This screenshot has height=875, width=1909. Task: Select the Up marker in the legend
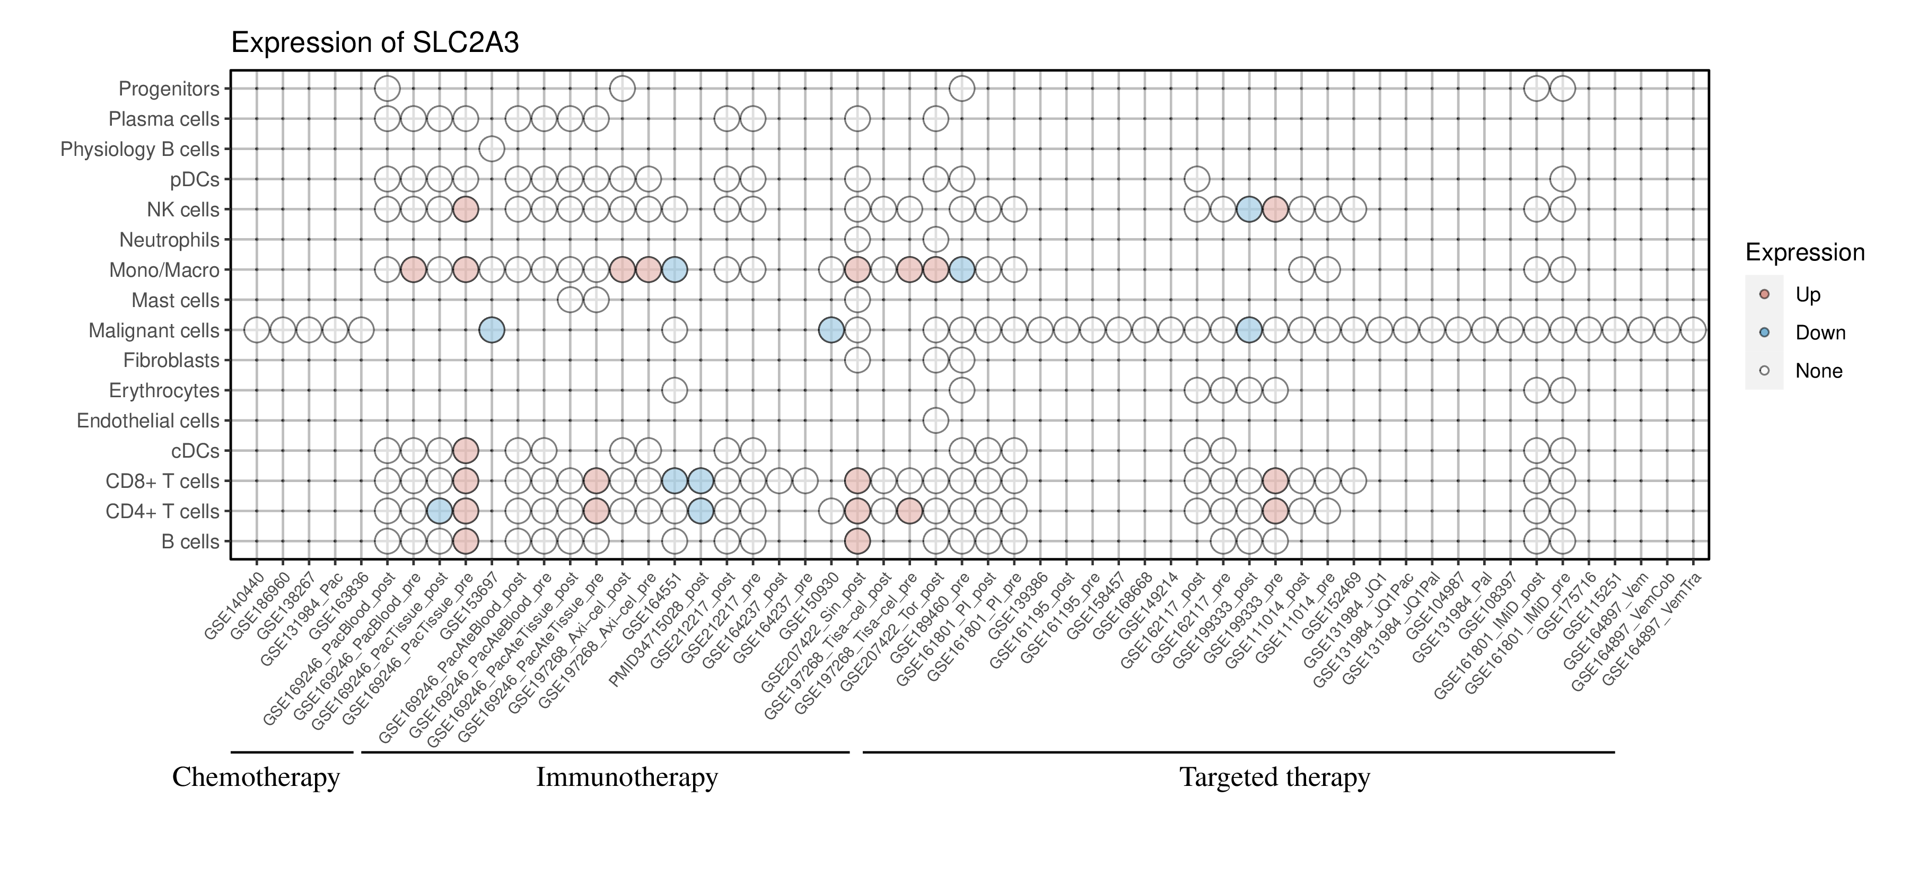click(x=1764, y=294)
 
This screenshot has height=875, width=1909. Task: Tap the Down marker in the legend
click(x=1764, y=332)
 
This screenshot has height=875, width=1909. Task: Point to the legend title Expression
click(x=1805, y=252)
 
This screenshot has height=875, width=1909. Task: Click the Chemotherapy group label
click(x=256, y=777)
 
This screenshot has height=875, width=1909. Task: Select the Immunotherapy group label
click(x=627, y=777)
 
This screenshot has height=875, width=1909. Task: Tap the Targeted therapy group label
click(x=1275, y=777)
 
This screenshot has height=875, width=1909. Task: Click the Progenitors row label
click(x=169, y=89)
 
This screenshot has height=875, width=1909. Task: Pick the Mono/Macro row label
click(x=164, y=270)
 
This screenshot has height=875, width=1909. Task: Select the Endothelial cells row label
click(x=148, y=421)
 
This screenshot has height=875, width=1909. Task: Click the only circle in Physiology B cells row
click(x=492, y=149)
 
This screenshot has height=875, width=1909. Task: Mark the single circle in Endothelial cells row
click(x=935, y=421)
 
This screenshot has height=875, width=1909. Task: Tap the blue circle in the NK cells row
click(x=1249, y=209)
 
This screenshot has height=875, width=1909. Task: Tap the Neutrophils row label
click(x=169, y=240)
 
